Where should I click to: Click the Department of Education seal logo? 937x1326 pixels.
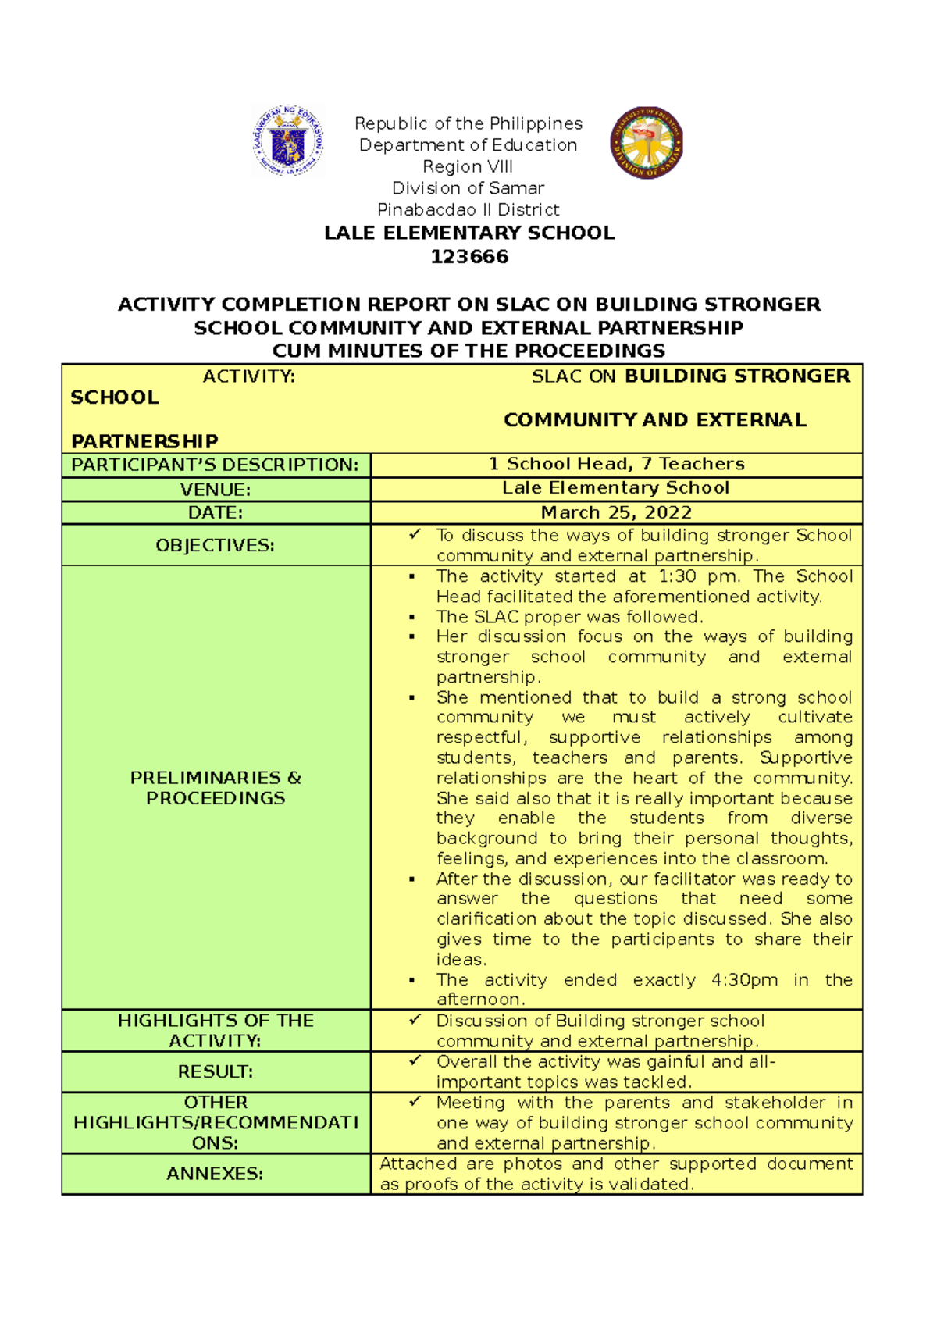tap(287, 141)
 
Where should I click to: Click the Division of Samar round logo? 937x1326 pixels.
tap(647, 143)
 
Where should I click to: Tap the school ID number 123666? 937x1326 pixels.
tap(469, 257)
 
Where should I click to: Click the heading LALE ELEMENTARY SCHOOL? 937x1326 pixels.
tap(469, 233)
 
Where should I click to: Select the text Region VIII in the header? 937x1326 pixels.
tap(468, 166)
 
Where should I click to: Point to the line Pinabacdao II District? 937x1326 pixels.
tap(468, 209)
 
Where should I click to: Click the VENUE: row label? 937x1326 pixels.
tap(216, 490)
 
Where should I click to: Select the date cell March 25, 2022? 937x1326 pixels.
tap(616, 512)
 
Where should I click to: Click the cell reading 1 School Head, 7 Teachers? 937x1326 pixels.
tap(616, 464)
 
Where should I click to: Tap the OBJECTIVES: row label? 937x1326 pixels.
tap(216, 545)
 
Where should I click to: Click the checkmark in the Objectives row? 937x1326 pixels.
tap(415, 534)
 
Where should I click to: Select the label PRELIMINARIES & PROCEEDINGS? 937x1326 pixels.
tap(216, 788)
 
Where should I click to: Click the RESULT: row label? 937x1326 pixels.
tap(216, 1072)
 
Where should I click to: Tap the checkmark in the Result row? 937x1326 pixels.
tap(415, 1060)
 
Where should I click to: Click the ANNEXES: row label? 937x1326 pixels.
tap(216, 1174)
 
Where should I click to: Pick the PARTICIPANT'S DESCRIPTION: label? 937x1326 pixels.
tap(216, 465)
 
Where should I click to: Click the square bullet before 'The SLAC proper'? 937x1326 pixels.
tap(412, 618)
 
